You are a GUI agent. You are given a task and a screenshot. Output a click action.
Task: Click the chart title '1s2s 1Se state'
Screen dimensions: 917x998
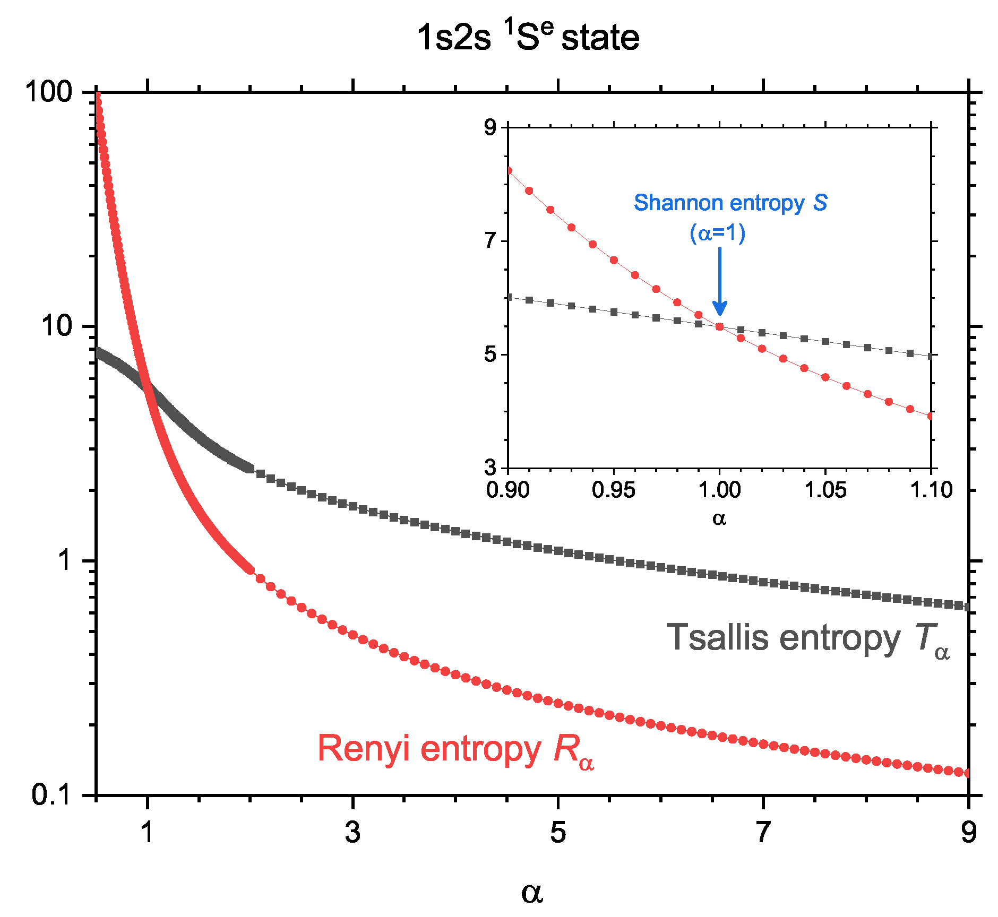(x=528, y=37)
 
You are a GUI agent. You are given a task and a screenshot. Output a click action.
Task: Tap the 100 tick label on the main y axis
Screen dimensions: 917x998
(x=49, y=92)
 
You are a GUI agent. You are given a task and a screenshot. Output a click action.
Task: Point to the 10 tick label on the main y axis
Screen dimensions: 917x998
(x=56, y=326)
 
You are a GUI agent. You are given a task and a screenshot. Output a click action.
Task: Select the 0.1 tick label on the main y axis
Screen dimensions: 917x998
(x=51, y=794)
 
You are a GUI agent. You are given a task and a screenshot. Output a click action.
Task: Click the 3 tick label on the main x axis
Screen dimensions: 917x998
(x=352, y=832)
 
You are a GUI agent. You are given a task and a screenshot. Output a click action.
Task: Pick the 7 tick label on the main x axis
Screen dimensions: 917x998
(x=763, y=832)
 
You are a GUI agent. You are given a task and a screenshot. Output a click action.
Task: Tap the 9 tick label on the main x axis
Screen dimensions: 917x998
(x=968, y=832)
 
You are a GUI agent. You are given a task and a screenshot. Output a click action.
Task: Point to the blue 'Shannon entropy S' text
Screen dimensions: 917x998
(x=730, y=203)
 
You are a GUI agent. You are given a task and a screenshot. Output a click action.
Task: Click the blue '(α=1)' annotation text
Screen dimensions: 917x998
(x=718, y=233)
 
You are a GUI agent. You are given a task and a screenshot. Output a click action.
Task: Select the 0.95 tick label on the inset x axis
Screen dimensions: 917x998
(x=613, y=489)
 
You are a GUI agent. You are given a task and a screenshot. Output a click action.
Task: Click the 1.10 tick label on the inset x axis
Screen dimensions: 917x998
(x=932, y=489)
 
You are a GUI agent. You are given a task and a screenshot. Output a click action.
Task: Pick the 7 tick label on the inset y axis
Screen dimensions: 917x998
(x=490, y=241)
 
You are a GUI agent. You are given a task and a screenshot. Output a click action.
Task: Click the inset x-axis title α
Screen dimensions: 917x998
(x=719, y=518)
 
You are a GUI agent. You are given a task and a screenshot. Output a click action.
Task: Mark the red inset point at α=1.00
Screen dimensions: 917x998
(x=720, y=327)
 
